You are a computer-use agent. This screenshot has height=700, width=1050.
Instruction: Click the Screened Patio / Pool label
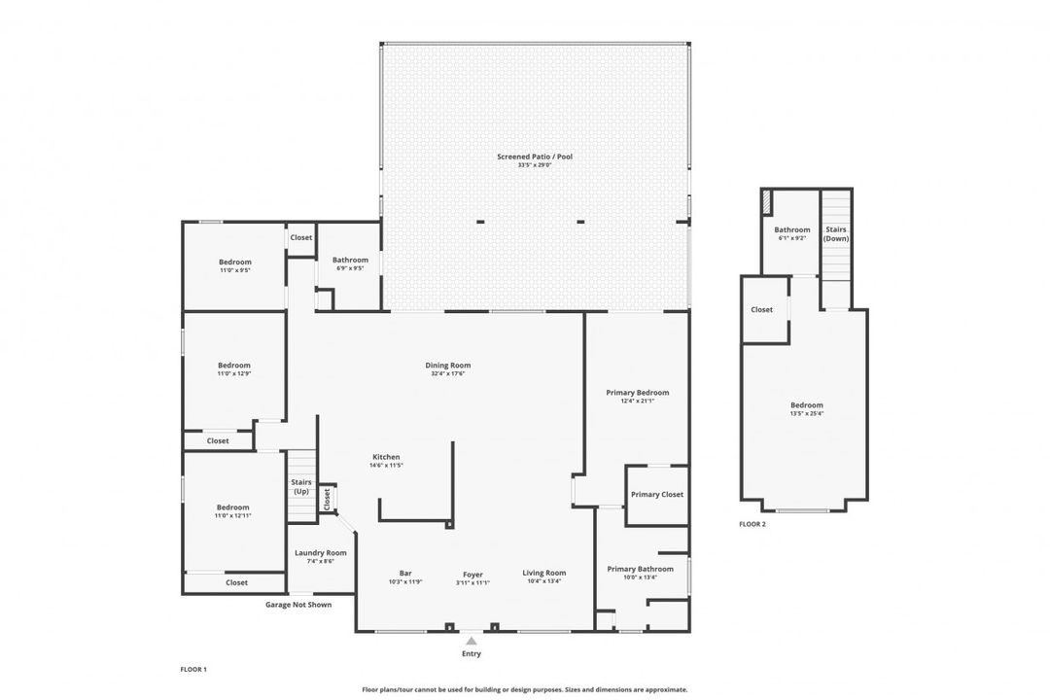click(x=535, y=156)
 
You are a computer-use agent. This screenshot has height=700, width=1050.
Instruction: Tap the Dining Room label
click(x=447, y=366)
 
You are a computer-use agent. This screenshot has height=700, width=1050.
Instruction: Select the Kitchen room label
click(x=385, y=457)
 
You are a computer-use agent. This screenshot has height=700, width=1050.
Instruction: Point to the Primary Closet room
click(x=657, y=494)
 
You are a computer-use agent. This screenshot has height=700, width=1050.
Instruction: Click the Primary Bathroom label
click(x=640, y=569)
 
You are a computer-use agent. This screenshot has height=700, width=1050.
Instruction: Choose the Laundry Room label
click(x=321, y=552)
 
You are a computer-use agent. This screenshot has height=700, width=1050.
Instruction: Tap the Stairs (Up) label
click(x=300, y=486)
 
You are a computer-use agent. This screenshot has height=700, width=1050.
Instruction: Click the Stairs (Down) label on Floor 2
click(x=835, y=233)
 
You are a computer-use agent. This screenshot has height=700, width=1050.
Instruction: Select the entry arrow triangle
click(x=472, y=641)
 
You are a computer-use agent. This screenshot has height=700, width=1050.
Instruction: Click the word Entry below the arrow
click(x=472, y=654)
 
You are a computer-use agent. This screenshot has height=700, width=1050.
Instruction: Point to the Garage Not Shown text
click(x=298, y=604)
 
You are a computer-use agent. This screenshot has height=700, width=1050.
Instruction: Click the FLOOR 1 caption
click(x=193, y=669)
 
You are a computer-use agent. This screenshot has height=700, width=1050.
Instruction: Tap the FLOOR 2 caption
click(x=752, y=524)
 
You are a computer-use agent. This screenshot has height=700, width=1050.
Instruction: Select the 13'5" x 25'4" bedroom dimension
click(x=806, y=413)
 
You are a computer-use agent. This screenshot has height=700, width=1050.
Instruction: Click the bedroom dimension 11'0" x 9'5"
click(x=234, y=270)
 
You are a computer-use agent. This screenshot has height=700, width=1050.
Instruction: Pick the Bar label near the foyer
click(x=405, y=573)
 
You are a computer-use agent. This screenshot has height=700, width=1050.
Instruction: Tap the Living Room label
click(x=544, y=573)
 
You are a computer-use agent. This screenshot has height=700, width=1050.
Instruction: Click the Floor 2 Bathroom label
click(x=792, y=230)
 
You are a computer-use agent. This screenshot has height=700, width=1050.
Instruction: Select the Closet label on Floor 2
click(x=762, y=309)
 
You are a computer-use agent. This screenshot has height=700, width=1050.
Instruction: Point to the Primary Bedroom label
click(x=638, y=393)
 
